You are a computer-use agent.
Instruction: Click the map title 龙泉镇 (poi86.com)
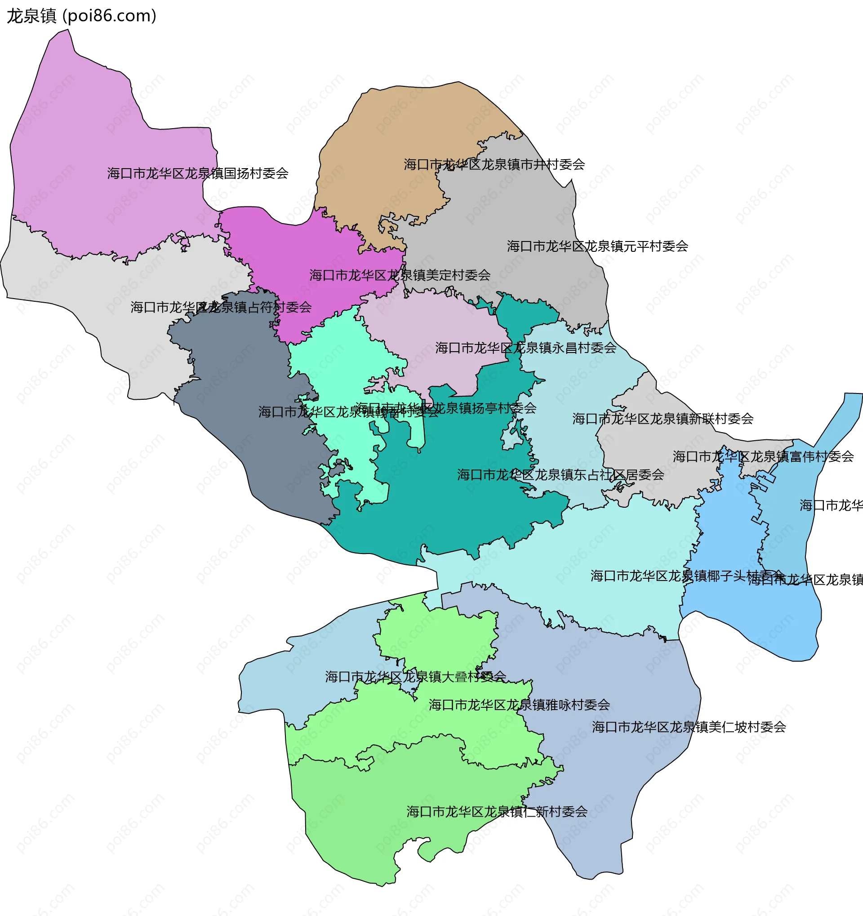click(x=81, y=16)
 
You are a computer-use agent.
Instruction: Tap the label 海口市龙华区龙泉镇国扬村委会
click(x=198, y=173)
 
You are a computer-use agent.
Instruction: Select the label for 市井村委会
click(x=494, y=165)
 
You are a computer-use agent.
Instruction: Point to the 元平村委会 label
click(x=597, y=246)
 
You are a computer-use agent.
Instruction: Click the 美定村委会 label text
click(x=400, y=275)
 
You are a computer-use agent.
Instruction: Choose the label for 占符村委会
click(x=221, y=307)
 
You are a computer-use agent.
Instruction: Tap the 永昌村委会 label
click(x=525, y=348)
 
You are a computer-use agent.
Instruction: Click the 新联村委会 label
click(x=663, y=418)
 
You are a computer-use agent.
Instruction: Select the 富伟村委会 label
click(x=763, y=456)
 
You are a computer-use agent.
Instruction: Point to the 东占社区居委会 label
click(x=561, y=474)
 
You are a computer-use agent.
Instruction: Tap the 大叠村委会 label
click(x=415, y=676)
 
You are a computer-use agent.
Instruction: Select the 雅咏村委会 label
click(x=519, y=705)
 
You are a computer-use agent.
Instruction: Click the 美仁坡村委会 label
click(x=689, y=727)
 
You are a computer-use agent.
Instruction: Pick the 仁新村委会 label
click(x=497, y=811)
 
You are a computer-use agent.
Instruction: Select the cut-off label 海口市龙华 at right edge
click(x=831, y=505)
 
